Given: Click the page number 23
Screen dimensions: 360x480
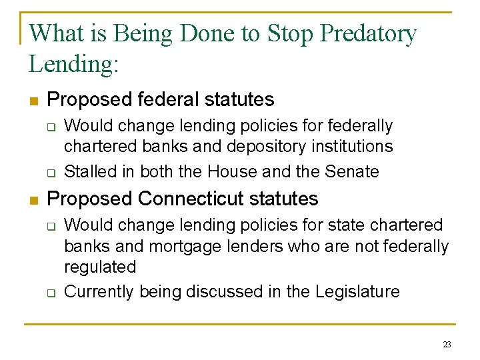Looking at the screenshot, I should pos(447,345).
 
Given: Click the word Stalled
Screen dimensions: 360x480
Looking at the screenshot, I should pos(90,171).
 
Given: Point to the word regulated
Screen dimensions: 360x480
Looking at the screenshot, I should pos(100,267).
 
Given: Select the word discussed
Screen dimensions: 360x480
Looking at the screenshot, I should pos(223,291).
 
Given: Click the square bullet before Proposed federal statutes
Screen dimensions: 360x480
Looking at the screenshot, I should pos(33,101).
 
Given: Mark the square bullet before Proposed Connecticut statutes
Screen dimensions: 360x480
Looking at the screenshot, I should pos(33,200).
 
